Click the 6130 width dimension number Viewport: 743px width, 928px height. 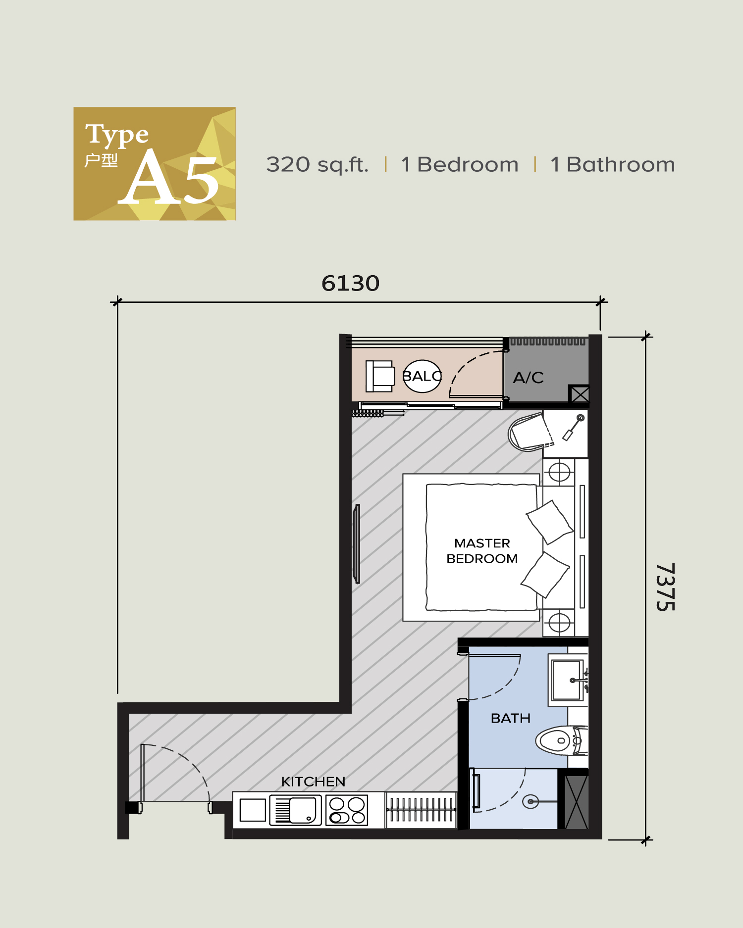pyautogui.click(x=350, y=284)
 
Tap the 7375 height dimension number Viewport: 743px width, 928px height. pyautogui.click(x=665, y=587)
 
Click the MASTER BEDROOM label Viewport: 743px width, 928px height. pyautogui.click(x=482, y=551)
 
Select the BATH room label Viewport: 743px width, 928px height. pyautogui.click(x=510, y=718)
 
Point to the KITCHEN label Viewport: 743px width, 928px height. pyautogui.click(x=313, y=781)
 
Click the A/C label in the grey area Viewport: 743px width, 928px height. pyautogui.click(x=528, y=378)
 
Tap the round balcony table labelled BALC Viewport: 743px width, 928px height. pyautogui.click(x=422, y=376)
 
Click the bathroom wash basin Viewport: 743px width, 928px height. pyautogui.click(x=567, y=680)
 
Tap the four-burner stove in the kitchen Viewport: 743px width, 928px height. pyautogui.click(x=347, y=810)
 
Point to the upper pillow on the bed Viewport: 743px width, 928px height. pyautogui.click(x=549, y=522)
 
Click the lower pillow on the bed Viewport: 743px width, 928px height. pyautogui.click(x=545, y=575)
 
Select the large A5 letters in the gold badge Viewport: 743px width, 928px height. pyautogui.click(x=170, y=178)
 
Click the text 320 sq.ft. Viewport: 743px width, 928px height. pyautogui.click(x=317, y=165)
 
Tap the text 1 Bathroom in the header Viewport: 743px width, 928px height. pyautogui.click(x=612, y=165)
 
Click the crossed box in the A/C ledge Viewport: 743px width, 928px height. pyautogui.click(x=579, y=394)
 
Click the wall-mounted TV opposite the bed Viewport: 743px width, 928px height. pyautogui.click(x=357, y=543)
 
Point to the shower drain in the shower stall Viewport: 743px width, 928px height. pyautogui.click(x=530, y=801)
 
